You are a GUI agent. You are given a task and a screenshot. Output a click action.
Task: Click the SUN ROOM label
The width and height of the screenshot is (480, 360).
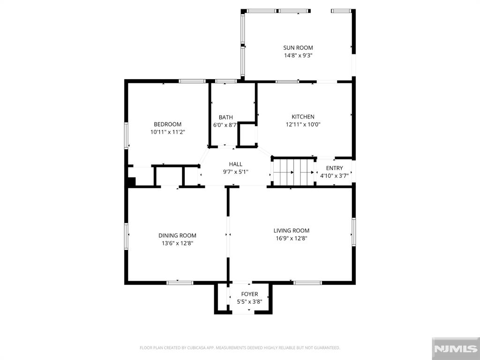[298, 48]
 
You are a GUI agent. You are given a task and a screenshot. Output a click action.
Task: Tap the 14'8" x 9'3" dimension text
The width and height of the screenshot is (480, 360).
[298, 56]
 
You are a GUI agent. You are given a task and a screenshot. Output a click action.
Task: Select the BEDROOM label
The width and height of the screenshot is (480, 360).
[167, 124]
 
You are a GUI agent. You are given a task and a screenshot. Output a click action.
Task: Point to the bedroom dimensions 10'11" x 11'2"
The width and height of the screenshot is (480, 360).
[168, 132]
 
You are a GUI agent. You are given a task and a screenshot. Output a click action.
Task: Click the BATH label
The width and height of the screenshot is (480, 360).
[225, 117]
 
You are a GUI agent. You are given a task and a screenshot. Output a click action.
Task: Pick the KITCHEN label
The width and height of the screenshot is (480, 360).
[303, 117]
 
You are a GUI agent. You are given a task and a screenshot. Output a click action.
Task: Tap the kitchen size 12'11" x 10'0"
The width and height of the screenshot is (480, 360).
[303, 125]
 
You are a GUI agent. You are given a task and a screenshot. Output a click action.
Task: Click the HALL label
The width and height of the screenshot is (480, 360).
[235, 165]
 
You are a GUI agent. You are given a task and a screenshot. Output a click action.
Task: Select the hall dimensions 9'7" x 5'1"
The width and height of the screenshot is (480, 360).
[235, 172]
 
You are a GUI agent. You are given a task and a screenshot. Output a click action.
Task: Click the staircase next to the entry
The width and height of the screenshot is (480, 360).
[293, 172]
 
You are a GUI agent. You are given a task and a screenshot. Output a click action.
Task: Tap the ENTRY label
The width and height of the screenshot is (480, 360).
[334, 168]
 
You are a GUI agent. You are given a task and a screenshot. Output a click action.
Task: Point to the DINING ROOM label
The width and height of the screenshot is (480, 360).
[177, 235]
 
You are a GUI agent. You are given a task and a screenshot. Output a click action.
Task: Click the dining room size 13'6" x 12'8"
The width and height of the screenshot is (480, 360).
[178, 243]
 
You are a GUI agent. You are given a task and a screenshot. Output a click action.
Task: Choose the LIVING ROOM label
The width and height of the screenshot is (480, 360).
[292, 231]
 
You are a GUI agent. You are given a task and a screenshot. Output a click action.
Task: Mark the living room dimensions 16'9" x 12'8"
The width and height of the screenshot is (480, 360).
[292, 239]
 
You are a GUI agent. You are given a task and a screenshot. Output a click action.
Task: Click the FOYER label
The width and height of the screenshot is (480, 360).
[249, 294]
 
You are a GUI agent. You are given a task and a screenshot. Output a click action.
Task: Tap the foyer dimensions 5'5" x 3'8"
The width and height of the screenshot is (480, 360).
[249, 302]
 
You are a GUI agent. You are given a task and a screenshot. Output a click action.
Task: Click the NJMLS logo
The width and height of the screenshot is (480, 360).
[456, 349]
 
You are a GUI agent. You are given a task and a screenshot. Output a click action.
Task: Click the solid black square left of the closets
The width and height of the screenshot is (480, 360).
[131, 181]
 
